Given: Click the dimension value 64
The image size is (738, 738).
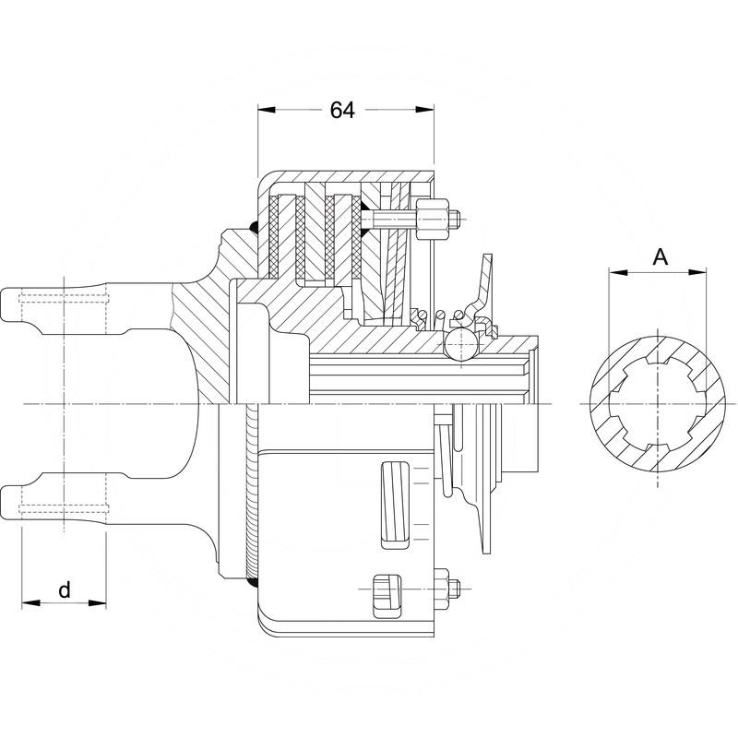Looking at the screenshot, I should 341,110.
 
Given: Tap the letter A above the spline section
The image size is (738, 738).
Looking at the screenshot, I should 660,257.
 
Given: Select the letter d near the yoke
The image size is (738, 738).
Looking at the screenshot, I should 64,590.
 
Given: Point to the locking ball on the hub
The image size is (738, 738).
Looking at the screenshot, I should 459,344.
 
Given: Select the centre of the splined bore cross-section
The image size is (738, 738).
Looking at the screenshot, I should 658,404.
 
